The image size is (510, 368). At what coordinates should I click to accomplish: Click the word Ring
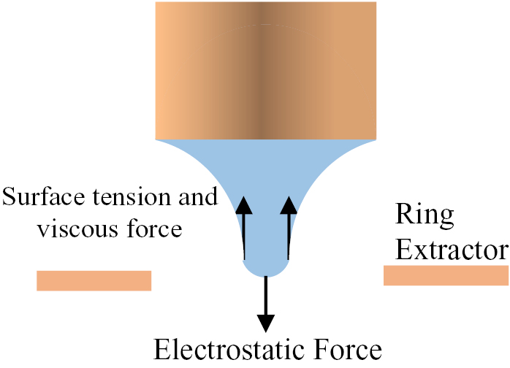click(425, 215)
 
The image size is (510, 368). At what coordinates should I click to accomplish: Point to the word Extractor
click(451, 250)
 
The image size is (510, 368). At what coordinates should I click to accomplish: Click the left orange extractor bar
click(94, 280)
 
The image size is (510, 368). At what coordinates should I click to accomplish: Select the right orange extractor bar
click(446, 275)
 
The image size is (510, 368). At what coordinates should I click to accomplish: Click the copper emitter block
click(266, 70)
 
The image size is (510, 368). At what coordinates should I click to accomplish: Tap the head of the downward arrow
click(267, 321)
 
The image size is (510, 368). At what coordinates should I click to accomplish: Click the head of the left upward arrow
click(245, 205)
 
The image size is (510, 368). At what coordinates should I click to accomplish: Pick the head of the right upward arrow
click(289, 205)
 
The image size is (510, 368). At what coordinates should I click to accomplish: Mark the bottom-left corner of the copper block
click(157, 138)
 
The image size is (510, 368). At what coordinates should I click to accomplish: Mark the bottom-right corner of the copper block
click(376, 138)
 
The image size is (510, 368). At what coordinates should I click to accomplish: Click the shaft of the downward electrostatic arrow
click(267, 296)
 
